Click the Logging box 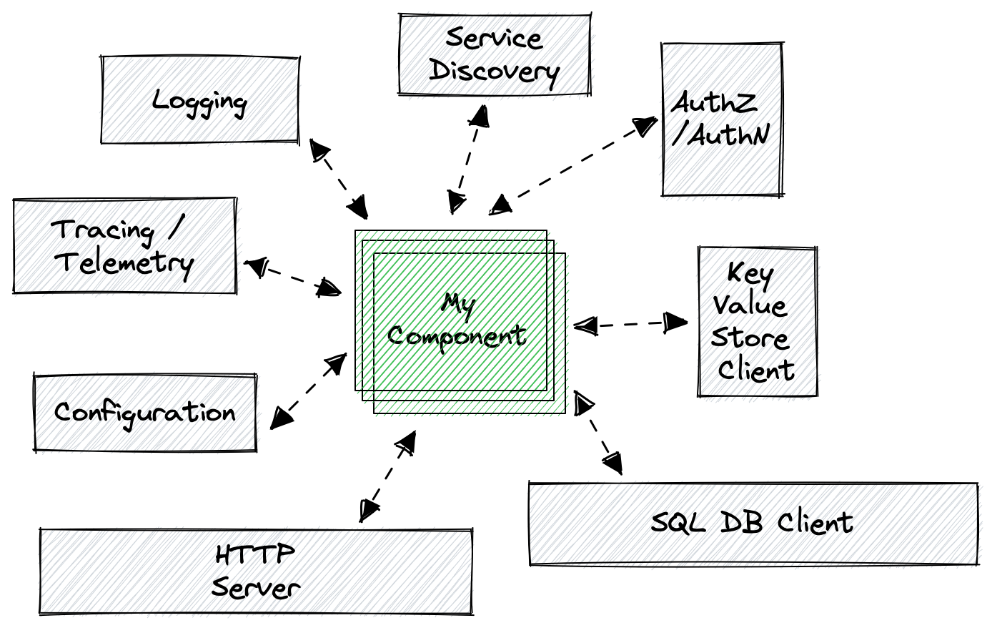click(200, 100)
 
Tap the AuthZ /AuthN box click(720, 119)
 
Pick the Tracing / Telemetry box click(124, 246)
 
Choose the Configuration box click(145, 413)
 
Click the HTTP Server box click(256, 571)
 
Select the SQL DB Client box click(753, 524)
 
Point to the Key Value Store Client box click(756, 322)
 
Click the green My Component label click(457, 320)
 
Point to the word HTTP click(254, 555)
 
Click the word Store click(750, 338)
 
